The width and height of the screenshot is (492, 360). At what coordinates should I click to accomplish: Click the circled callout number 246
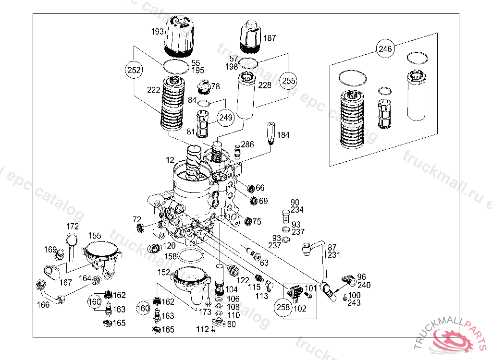[x=385, y=48]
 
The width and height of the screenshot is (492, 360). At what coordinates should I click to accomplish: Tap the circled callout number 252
[x=135, y=70]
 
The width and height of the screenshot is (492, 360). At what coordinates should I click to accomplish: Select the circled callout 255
[x=288, y=80]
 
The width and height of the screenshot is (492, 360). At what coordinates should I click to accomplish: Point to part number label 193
[x=157, y=32]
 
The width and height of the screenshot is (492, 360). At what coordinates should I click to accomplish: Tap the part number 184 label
[x=283, y=135]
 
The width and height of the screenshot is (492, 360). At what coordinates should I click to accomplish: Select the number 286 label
[x=247, y=144]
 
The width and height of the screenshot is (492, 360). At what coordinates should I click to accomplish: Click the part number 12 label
[x=170, y=159]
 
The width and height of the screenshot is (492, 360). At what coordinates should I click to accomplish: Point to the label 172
[x=72, y=226]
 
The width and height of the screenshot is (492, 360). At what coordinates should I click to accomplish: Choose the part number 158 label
[x=171, y=257]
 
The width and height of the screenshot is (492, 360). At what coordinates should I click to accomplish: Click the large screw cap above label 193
[x=179, y=35]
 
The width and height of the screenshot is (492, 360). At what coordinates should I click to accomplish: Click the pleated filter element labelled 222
[x=172, y=103]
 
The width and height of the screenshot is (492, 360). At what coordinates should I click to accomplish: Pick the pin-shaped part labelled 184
[x=271, y=133]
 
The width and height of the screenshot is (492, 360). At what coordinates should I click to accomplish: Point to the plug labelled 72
[x=140, y=228]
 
